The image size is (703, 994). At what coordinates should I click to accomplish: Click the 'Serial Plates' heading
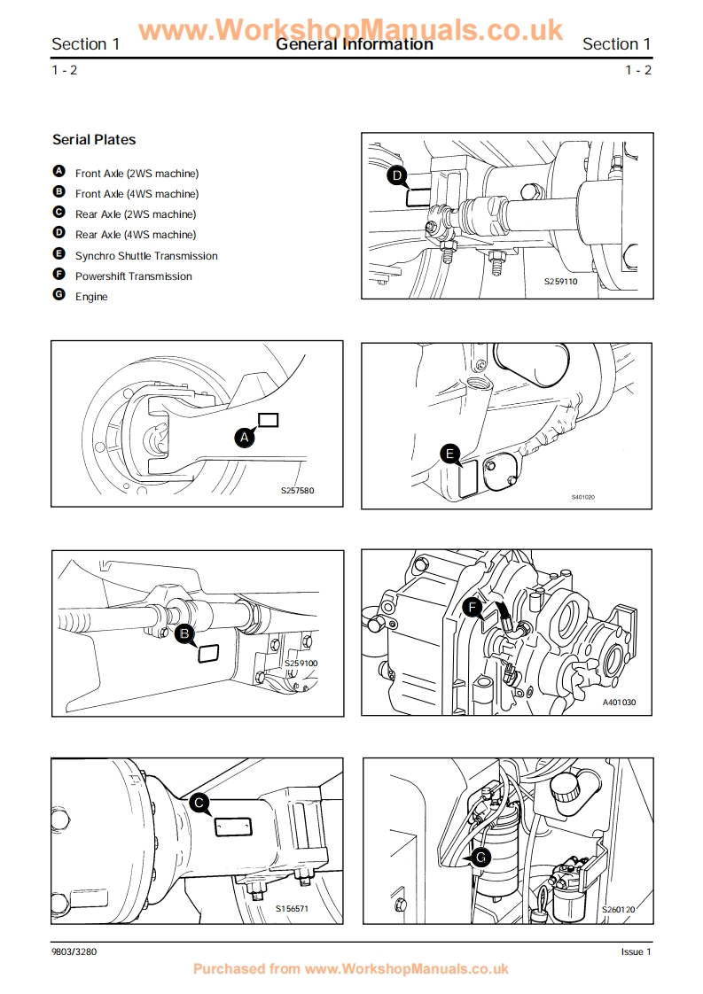coord(94,140)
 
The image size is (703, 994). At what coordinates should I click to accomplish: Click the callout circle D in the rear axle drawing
coord(397,176)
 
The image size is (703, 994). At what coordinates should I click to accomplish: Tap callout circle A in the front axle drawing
coord(245,436)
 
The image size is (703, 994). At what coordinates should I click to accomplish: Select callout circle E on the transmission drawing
coord(450,455)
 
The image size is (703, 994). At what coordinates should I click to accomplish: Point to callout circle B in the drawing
coord(184,633)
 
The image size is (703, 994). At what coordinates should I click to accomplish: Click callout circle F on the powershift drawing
coord(473,608)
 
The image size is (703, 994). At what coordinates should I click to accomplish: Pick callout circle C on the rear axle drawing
coord(199,804)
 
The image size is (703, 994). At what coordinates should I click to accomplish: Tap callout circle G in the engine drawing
coord(480,858)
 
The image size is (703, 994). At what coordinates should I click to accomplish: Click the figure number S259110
coord(560,282)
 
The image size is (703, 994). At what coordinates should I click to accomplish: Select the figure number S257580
coord(298,490)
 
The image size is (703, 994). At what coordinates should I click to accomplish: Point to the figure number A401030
coord(620,703)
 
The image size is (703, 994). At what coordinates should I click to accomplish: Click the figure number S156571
coord(292,908)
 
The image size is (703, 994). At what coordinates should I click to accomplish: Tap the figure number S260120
coord(618,909)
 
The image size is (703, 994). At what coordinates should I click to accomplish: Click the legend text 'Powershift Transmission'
coord(133,276)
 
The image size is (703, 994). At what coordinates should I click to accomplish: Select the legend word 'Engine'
coord(91,297)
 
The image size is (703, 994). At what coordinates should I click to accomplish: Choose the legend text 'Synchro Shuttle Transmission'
coord(146,256)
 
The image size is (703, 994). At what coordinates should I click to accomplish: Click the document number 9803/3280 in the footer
coord(74,952)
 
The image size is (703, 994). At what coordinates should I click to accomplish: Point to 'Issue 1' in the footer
coord(636,952)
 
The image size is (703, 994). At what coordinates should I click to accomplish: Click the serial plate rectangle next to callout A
coord(268,420)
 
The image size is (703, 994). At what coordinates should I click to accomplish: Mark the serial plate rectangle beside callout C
coord(234,827)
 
